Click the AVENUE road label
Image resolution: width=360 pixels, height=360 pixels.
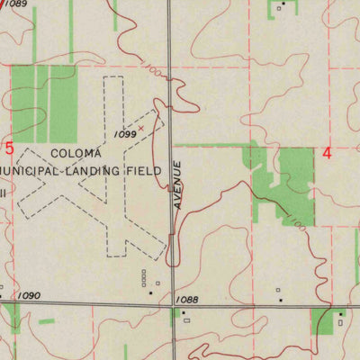click(178, 185)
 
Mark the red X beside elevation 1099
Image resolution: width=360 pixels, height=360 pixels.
click(140, 128)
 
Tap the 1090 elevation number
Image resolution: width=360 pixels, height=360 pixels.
click(30, 295)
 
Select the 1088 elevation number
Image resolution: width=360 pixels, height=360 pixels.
click(187, 299)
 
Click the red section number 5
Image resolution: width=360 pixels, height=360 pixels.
click(10, 148)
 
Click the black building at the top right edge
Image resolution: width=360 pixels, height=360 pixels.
click(282, 4)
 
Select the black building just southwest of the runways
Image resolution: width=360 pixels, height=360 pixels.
click(150, 292)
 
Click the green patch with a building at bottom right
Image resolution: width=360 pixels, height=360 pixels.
click(328, 319)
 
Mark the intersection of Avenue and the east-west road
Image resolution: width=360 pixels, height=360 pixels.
click(171, 305)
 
